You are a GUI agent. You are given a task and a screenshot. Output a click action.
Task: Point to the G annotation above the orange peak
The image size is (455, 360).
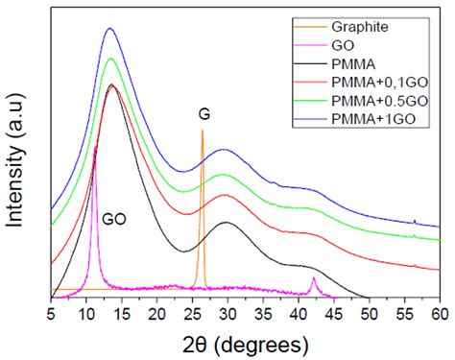click(204, 114)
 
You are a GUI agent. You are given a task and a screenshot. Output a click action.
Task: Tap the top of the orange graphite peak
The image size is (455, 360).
click(202, 131)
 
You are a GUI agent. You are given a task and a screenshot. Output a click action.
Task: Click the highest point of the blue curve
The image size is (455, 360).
click(109, 29)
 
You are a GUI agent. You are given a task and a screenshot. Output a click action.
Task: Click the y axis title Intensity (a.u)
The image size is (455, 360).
click(16, 156)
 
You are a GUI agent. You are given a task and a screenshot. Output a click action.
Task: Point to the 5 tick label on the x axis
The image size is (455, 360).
click(51, 313)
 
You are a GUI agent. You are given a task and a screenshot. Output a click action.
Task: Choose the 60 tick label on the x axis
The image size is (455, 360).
click(440, 313)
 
